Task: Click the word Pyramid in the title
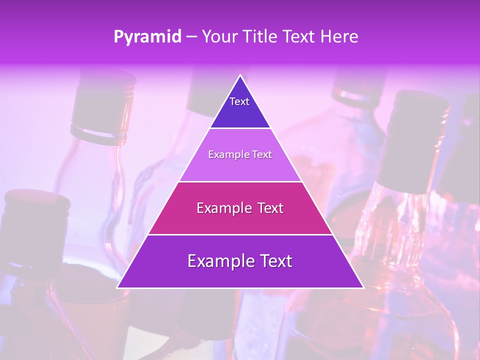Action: [147, 37]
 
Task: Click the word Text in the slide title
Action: [299, 37]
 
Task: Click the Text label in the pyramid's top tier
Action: [239, 101]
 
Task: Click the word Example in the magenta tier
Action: [222, 208]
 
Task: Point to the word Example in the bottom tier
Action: [218, 261]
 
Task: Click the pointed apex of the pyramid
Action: [240, 75]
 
